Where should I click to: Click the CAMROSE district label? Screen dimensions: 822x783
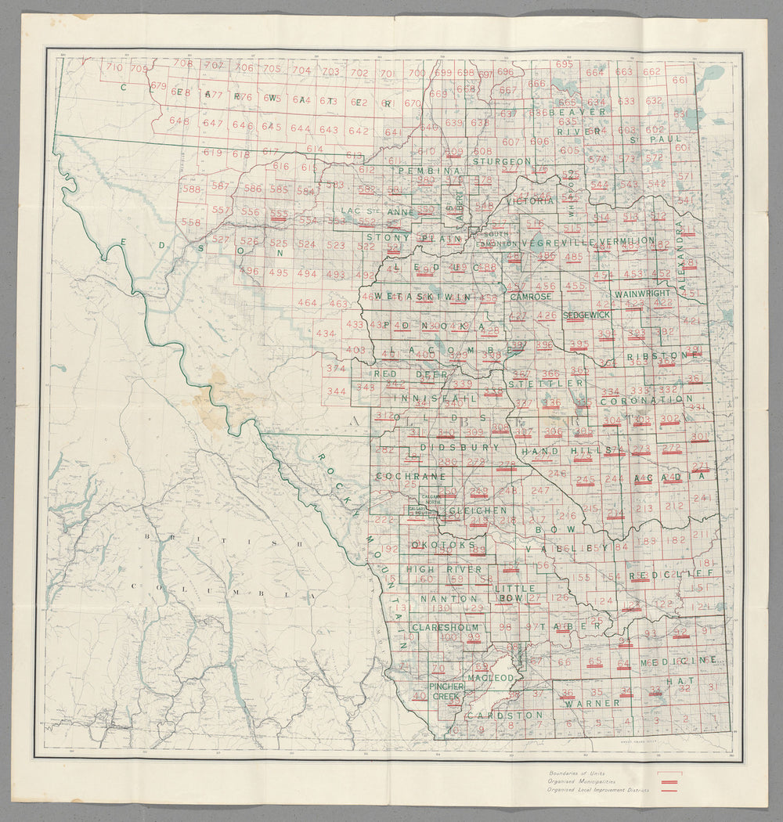tap(530, 297)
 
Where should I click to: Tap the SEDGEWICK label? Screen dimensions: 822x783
tap(586, 314)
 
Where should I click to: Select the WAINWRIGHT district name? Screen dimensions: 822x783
tap(643, 293)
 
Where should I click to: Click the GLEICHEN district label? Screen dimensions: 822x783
tap(477, 510)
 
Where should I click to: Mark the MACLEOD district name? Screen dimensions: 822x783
tap(490, 676)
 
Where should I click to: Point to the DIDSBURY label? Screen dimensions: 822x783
tap(459, 447)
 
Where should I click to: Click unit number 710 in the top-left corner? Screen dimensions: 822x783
tap(114, 68)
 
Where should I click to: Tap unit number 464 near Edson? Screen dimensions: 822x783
tap(308, 303)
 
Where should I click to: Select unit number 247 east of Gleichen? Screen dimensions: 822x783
tap(540, 490)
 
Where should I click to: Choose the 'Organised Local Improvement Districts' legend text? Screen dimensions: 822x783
tap(599, 790)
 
